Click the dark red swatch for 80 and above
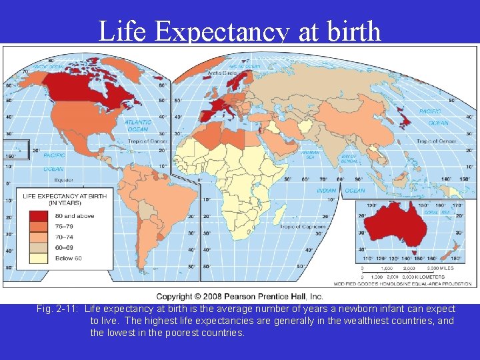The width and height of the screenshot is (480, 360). (38, 216)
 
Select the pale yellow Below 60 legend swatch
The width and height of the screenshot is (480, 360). (38, 258)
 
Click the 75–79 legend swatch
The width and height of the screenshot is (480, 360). (38, 227)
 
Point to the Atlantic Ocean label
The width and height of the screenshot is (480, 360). (138, 125)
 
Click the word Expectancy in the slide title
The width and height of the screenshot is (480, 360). (225, 31)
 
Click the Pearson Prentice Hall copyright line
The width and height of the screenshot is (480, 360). (240, 296)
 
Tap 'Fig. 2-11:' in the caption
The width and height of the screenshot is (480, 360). (59, 309)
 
